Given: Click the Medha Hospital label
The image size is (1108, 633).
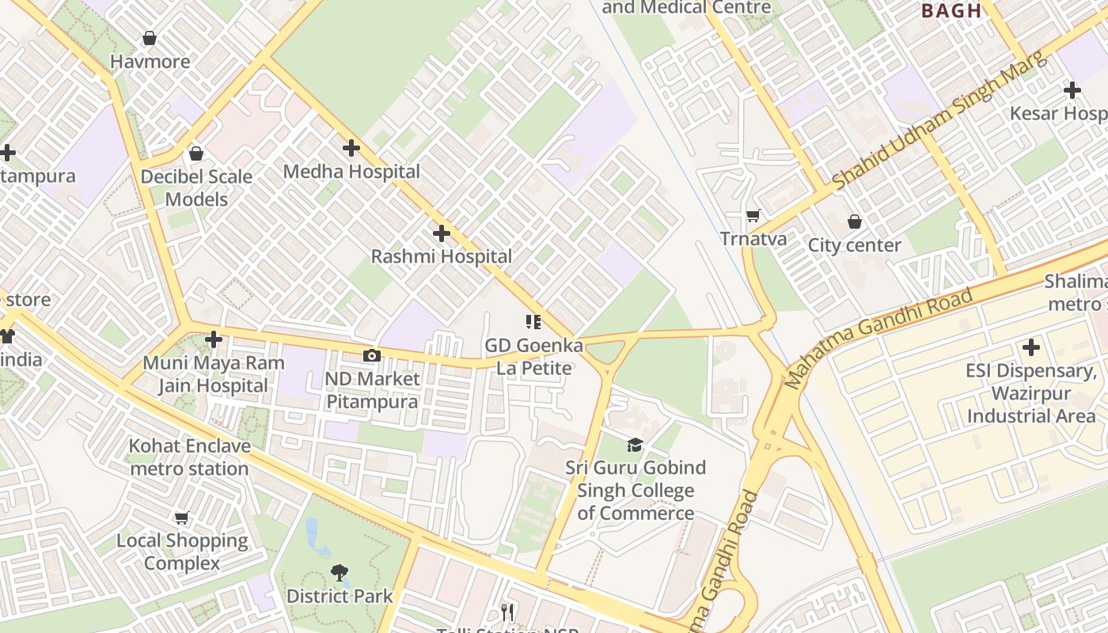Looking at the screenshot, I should click(351, 172).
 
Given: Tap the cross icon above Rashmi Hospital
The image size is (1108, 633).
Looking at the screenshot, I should click(442, 233).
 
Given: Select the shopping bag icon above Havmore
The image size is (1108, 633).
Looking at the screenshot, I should click(149, 38).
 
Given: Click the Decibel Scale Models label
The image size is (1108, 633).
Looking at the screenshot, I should click(196, 188).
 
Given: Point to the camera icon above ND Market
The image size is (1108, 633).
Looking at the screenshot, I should click(371, 356).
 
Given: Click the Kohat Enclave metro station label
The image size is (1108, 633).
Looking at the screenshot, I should click(190, 457).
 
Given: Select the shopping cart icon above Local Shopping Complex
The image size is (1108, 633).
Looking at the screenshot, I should click(182, 518).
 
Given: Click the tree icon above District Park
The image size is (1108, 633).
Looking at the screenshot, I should click(340, 572).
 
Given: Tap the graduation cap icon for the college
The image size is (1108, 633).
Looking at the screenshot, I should click(635, 445).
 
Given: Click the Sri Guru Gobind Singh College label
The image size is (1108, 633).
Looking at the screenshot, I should click(636, 490).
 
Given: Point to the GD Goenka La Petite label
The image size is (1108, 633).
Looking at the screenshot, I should click(534, 357).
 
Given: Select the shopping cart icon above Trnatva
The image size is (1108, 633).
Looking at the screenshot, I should click(753, 215).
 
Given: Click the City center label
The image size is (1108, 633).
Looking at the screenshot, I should click(854, 245).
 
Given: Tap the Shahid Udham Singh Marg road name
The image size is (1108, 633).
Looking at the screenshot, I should click(939, 121).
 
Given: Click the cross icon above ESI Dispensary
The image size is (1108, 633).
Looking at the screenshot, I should click(1030, 347).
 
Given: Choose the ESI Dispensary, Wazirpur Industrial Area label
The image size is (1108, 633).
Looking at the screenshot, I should click(1030, 393).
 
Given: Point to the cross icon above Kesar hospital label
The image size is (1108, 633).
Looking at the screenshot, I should click(1072, 90).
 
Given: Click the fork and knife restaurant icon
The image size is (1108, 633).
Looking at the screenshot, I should click(508, 612).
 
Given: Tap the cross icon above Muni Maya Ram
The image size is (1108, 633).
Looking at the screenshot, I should click(213, 339).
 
